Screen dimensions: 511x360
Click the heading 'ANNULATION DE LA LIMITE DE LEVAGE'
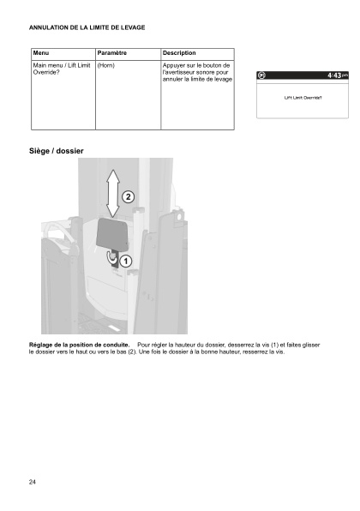pos(87,28)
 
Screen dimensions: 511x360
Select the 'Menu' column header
pos(40,53)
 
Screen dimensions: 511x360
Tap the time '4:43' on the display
pos(333,76)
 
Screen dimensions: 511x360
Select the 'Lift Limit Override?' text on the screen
pos(303,98)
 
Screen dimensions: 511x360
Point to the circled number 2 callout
pos(128,196)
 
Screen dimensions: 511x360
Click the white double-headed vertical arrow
pos(111,193)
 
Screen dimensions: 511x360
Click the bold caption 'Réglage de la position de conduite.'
pos(80,345)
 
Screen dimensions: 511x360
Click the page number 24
pos(33,483)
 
